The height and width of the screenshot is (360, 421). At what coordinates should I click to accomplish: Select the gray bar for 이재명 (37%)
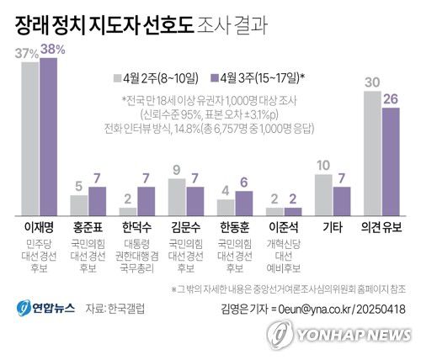pyautogui.click(x=30, y=139)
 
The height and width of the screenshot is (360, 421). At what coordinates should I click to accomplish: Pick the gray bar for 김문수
pyautogui.click(x=177, y=196)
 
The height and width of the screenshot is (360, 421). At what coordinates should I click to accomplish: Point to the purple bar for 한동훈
pyautogui.click(x=245, y=204)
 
